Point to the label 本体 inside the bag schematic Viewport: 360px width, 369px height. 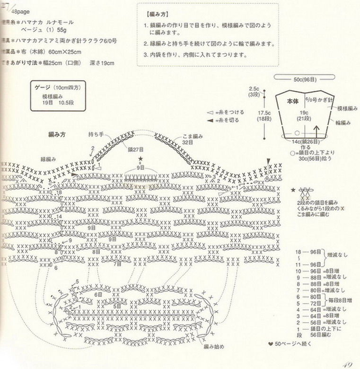[293, 101]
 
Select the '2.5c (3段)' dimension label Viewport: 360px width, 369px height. [254, 92]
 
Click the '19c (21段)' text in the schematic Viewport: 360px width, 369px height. [300, 115]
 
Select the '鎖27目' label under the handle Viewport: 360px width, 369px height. [135, 149]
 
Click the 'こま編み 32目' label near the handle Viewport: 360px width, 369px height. [193, 139]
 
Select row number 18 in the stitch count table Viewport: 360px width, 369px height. [299, 252]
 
